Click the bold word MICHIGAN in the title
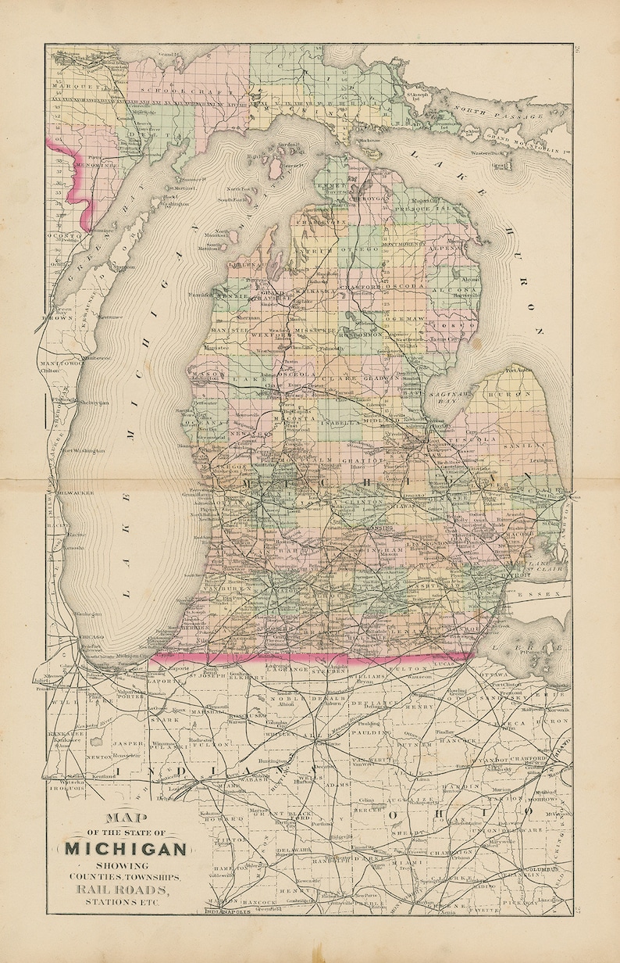click(x=125, y=849)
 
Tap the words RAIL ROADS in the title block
click(x=126, y=890)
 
